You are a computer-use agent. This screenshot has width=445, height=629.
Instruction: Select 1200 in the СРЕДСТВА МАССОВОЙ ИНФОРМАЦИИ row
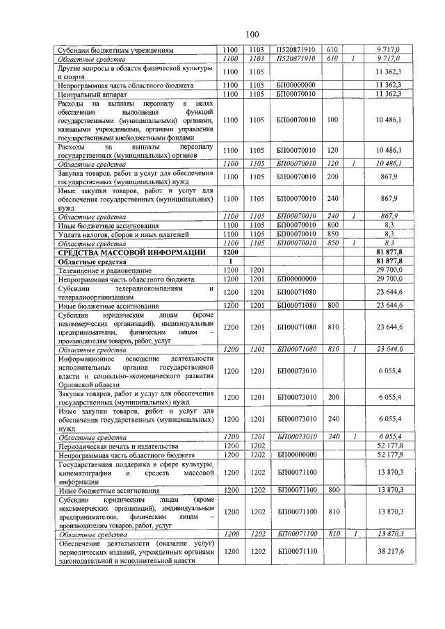point(229,252)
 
